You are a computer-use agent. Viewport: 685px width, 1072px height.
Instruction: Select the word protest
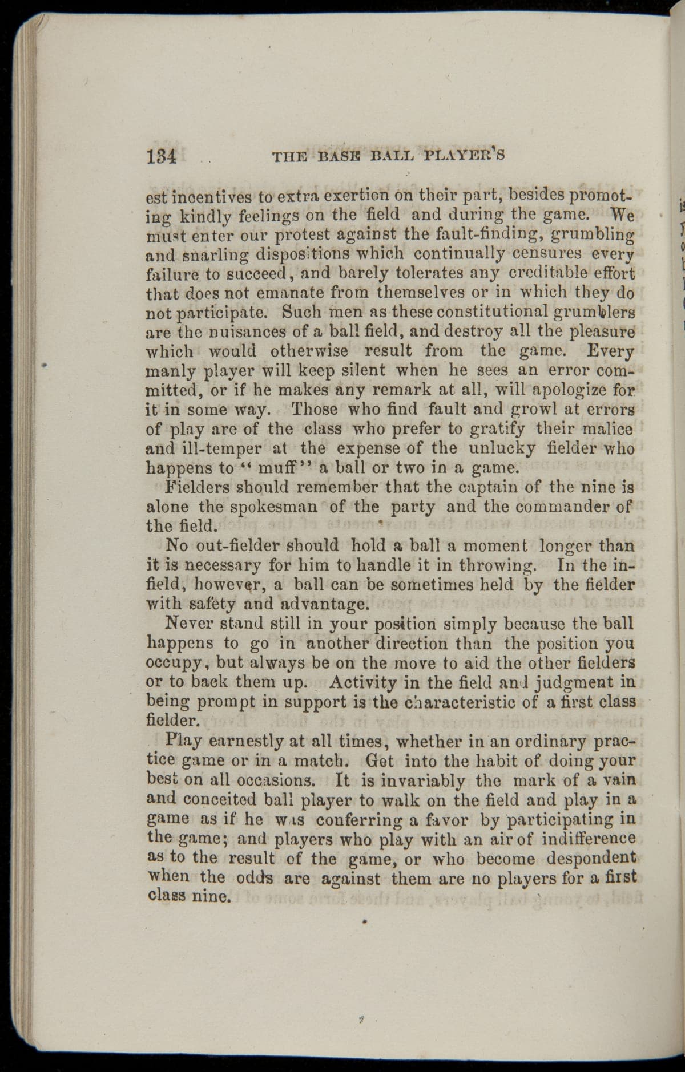[315, 234]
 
